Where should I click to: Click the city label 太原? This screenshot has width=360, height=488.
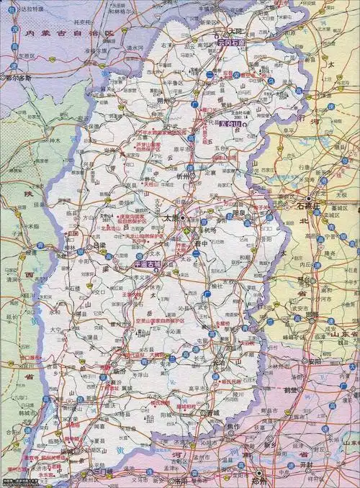[x=170, y=216]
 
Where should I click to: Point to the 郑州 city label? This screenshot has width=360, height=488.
[x=258, y=480]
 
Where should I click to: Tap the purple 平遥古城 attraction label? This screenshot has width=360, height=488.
[x=149, y=263]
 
